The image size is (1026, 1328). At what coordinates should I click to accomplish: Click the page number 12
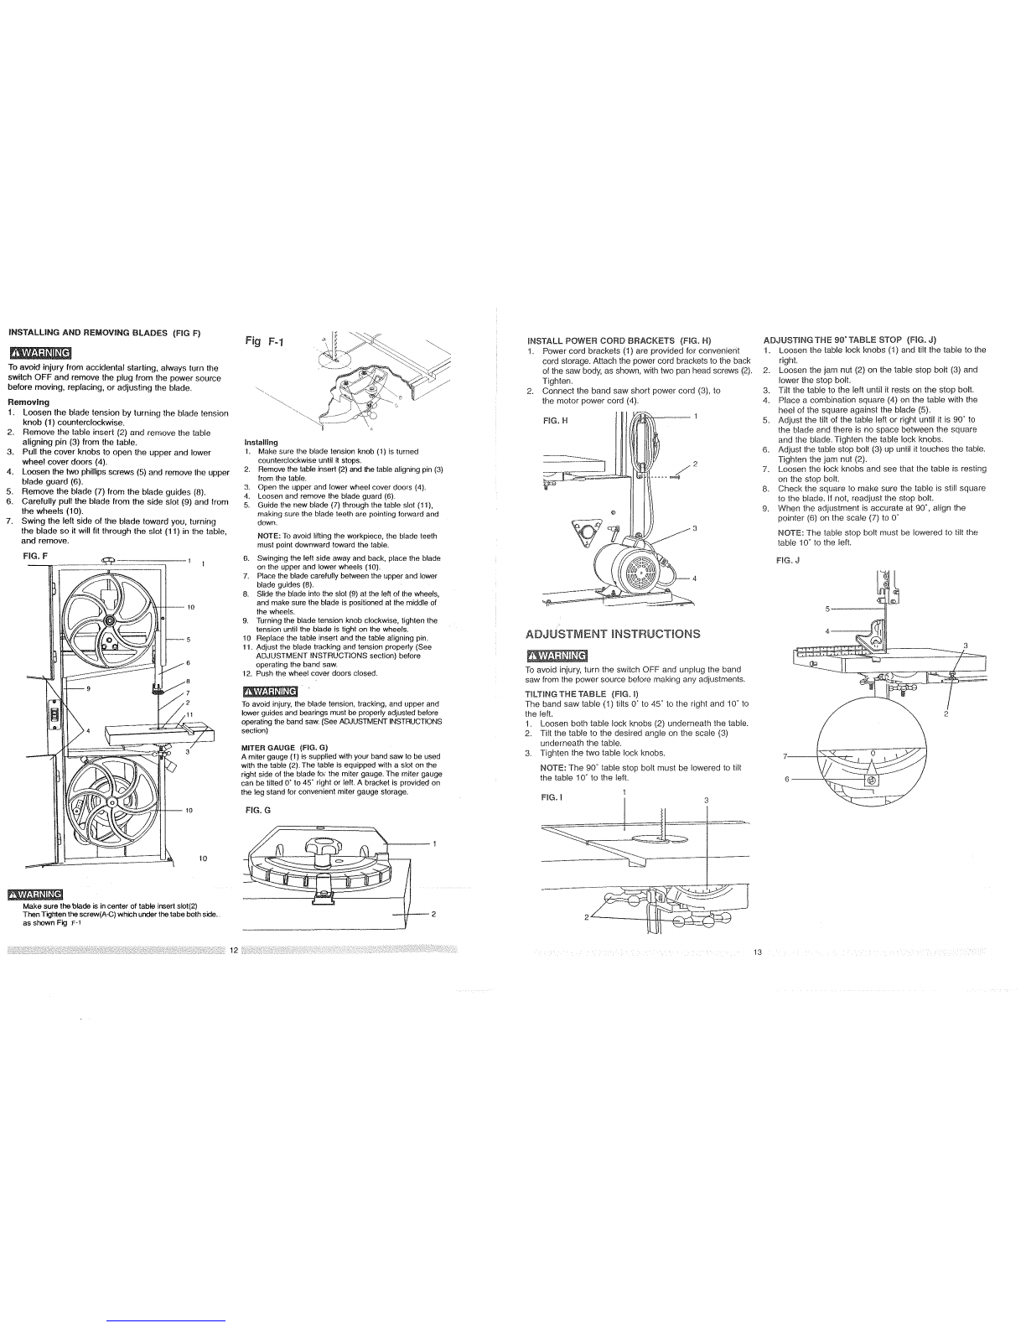coord(233,951)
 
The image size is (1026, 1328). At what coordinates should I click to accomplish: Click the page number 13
coord(758,952)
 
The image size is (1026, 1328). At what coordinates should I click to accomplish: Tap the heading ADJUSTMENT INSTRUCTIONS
coord(613,634)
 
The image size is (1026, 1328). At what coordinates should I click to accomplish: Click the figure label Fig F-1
coord(265,341)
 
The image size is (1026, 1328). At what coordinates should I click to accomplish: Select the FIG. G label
coord(257,811)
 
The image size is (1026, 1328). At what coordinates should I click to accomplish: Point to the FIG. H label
coord(556,421)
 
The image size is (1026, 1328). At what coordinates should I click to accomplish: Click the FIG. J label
coord(788,560)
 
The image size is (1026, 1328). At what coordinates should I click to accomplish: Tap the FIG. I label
coord(552,798)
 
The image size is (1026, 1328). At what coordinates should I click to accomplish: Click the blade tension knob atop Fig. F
coord(109,560)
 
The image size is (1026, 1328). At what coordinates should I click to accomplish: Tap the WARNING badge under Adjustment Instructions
coord(556,656)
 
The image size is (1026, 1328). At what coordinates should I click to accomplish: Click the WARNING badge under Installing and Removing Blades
coord(39,353)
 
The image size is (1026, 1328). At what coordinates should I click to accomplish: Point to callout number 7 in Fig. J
coord(785,757)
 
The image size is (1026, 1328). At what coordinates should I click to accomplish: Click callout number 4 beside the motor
coord(694,578)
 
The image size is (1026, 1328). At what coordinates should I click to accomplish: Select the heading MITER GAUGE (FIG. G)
coord(285,748)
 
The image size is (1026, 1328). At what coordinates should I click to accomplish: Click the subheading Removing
coord(28,402)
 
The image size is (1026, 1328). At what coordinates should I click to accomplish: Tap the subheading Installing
coord(261,443)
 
